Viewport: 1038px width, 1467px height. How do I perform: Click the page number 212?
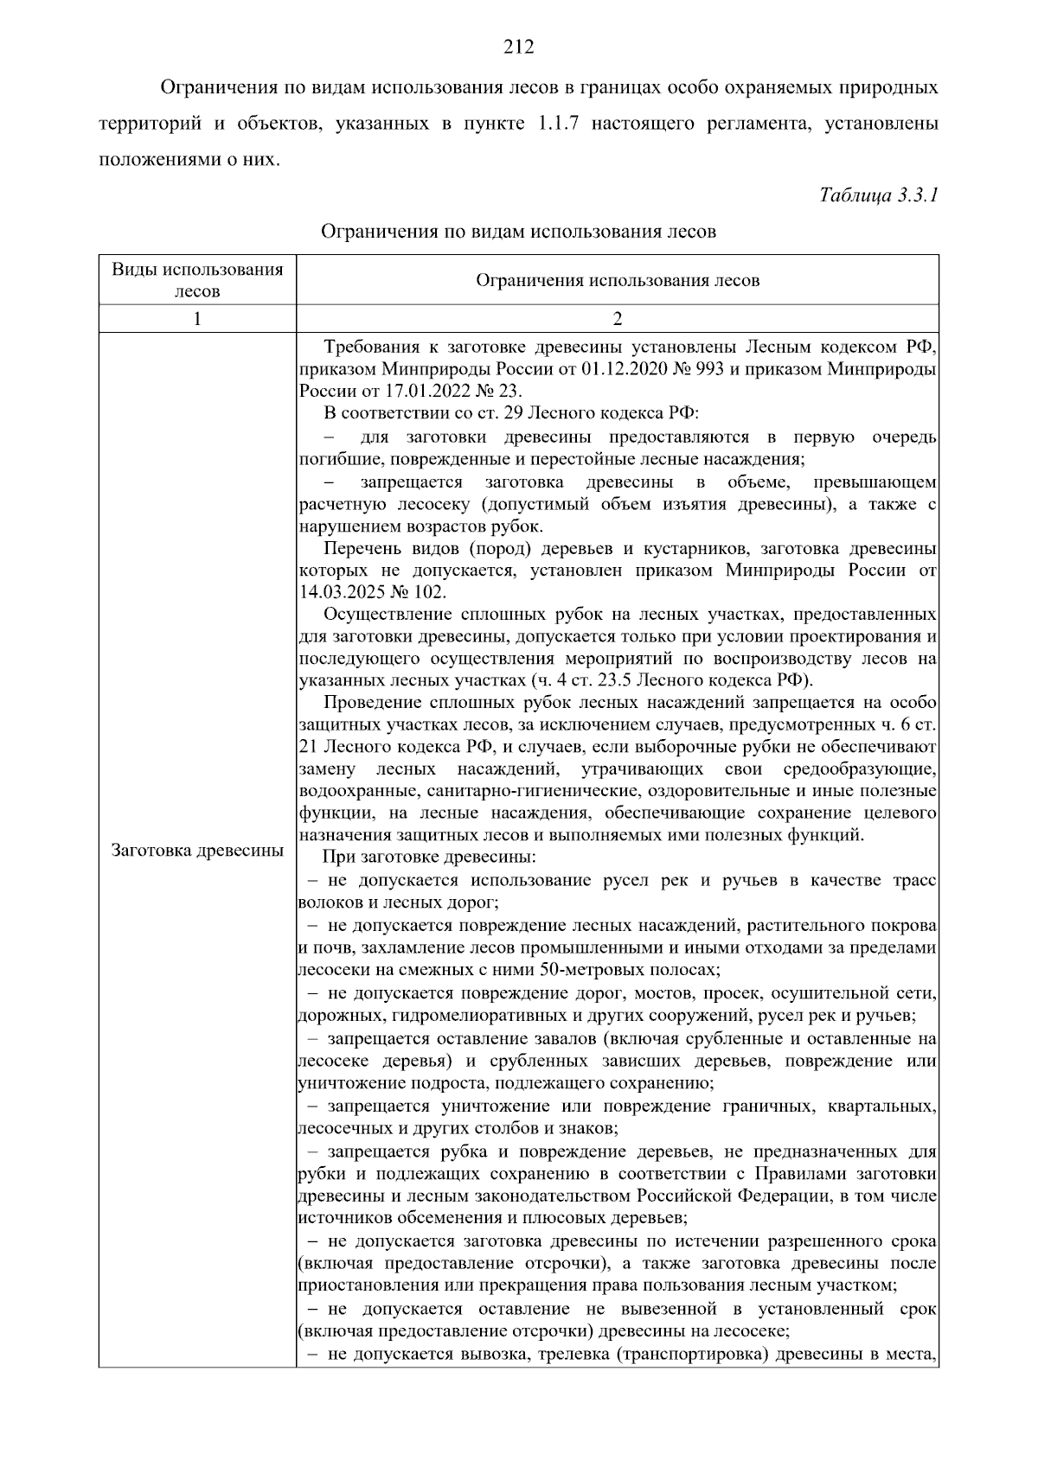(519, 47)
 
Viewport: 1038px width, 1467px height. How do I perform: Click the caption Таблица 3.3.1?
(879, 195)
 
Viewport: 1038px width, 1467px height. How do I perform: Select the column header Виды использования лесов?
(197, 280)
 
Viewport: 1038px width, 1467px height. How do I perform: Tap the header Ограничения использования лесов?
(618, 280)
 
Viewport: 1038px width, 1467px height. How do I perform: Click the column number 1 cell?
(197, 319)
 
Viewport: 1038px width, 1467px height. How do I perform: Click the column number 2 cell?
(618, 319)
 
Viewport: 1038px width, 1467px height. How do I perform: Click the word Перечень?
(362, 549)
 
